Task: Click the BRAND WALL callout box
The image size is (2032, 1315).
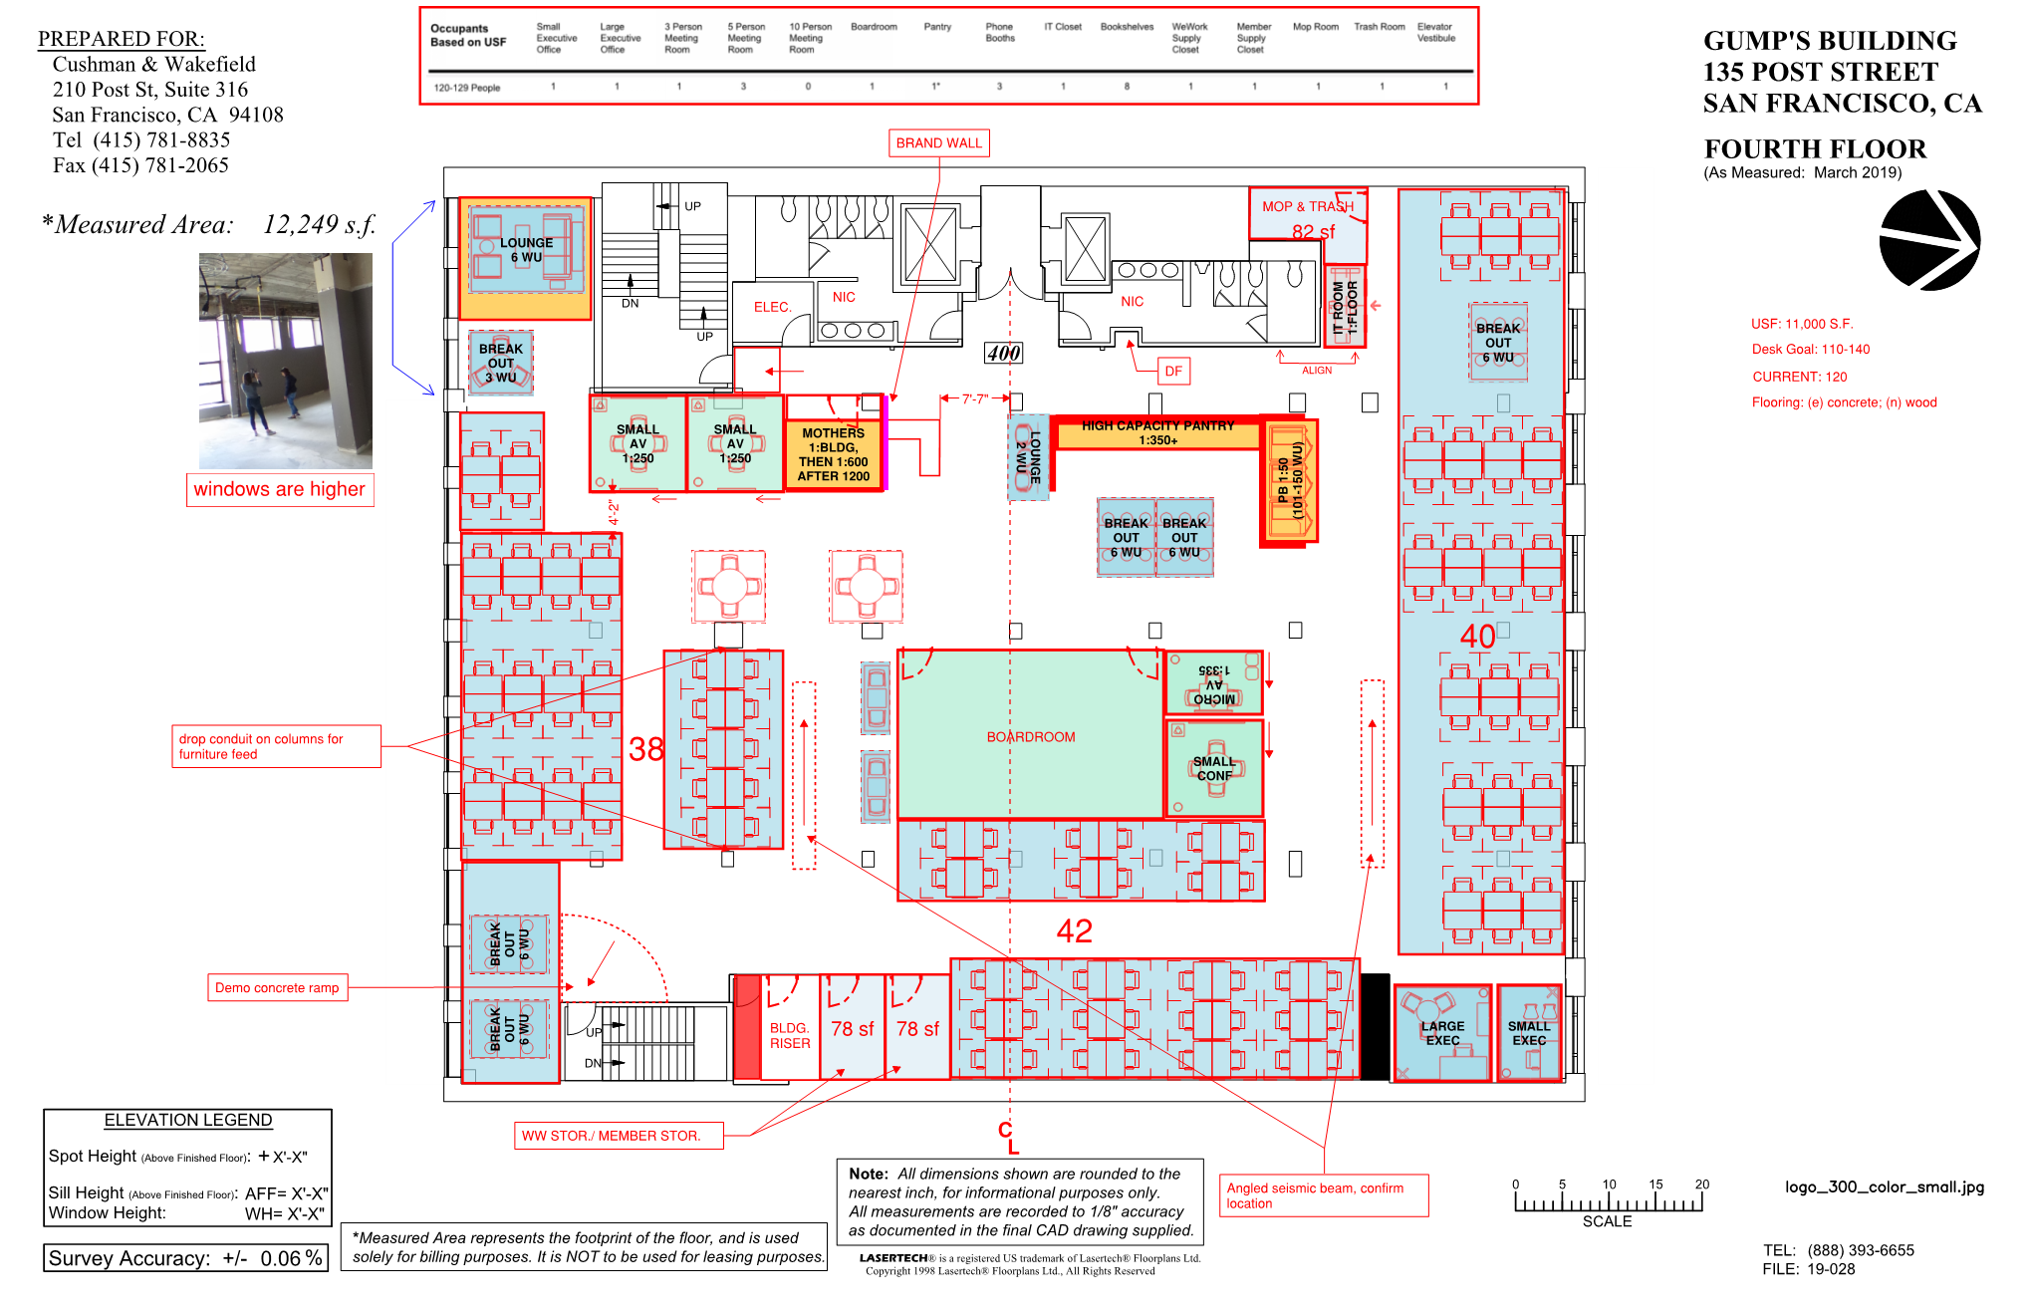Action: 938,143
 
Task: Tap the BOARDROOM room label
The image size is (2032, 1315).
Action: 1031,737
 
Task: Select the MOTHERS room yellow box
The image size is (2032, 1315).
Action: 834,455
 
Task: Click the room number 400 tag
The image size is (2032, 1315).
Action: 1004,353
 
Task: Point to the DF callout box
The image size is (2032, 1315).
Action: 1173,372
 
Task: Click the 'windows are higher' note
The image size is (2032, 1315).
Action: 280,489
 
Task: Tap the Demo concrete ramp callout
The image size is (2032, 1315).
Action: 277,988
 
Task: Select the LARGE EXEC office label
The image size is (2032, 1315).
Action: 1442,1033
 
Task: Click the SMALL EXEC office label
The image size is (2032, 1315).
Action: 1529,1033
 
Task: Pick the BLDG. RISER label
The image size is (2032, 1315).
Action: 789,1036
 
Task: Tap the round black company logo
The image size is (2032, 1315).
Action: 1929,240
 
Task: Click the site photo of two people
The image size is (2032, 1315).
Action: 286,361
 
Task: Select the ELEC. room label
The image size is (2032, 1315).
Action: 772,307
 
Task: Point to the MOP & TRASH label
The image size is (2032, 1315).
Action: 1308,206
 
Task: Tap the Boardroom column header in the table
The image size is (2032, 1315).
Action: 874,27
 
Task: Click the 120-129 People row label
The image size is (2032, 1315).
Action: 467,88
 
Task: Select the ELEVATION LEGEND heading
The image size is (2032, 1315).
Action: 188,1121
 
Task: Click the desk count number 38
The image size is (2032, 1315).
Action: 645,749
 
